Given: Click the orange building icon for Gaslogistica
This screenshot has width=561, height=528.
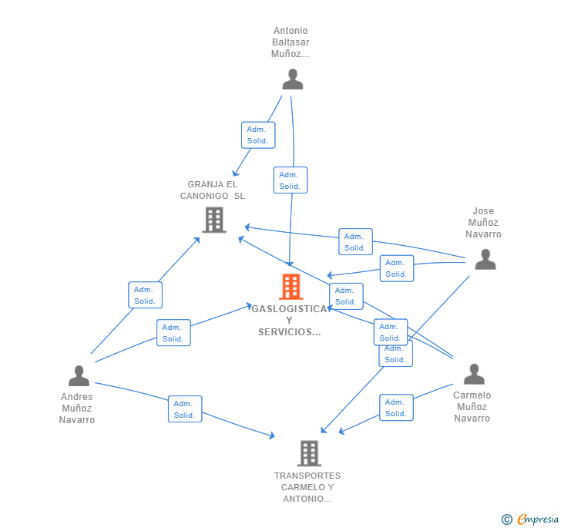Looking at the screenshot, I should (291, 287).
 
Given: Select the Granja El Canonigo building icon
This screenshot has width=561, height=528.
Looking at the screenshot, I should (213, 220).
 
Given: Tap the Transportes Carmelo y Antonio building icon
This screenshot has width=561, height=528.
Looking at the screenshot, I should (309, 453).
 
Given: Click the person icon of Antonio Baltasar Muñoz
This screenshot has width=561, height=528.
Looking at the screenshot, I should (292, 79).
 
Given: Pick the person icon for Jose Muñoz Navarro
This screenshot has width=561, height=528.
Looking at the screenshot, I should (485, 259).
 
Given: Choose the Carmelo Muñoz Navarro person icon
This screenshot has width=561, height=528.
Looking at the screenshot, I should (474, 374).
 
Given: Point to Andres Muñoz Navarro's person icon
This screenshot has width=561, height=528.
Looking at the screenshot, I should (79, 376).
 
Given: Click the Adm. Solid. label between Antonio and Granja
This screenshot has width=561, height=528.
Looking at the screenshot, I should (257, 135).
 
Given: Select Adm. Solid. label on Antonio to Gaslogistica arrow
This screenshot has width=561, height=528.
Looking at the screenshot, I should (290, 180).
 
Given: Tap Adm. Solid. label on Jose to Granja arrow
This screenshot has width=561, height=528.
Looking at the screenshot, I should (355, 242).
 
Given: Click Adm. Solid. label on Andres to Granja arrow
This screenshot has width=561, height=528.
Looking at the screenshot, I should (145, 295).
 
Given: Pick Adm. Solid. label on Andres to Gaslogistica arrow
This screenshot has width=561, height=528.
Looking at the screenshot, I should (173, 333).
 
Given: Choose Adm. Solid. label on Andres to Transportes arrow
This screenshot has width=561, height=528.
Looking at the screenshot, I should (184, 409).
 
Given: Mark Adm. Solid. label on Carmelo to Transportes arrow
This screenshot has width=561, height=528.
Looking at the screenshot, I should (396, 408).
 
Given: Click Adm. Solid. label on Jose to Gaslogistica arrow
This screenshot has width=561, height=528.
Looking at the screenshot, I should (397, 268).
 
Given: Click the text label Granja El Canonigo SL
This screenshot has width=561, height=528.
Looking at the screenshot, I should (212, 190).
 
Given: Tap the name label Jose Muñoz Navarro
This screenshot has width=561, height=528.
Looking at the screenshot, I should (484, 223).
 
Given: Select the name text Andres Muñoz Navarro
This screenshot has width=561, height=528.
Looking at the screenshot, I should (77, 409).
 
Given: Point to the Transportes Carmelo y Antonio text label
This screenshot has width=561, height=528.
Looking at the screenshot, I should (307, 487).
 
